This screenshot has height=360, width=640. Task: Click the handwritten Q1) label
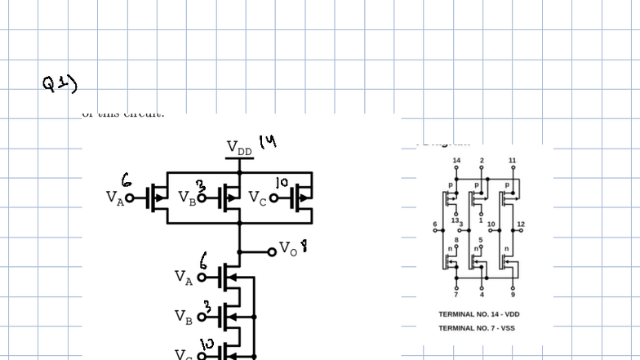click(60, 82)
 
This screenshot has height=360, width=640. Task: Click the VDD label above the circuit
click(239, 148)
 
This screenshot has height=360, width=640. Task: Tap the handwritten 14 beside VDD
click(268, 142)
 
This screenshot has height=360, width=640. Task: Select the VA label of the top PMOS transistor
click(115, 197)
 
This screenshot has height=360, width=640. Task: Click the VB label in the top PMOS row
click(187, 198)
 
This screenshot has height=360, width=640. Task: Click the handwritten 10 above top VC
click(282, 181)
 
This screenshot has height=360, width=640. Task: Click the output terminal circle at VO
click(272, 251)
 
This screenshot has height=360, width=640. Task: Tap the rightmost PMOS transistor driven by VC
click(302, 197)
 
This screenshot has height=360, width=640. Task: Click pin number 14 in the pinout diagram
click(456, 160)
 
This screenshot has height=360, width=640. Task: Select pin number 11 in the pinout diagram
click(512, 160)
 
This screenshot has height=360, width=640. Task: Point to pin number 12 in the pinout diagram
click(521, 224)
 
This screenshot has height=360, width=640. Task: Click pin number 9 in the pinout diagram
click(513, 294)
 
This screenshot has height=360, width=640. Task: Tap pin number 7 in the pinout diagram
click(456, 294)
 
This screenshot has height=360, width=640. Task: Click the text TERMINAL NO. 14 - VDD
click(478, 314)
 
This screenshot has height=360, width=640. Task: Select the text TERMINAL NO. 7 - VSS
click(477, 328)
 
